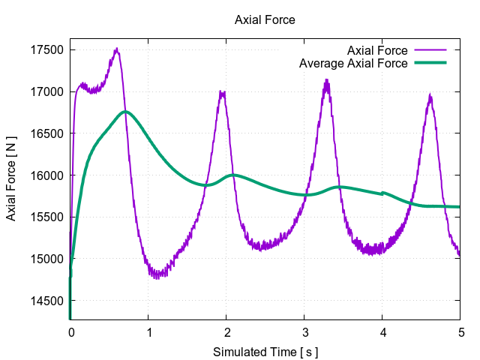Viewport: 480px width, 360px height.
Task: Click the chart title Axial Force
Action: (265, 20)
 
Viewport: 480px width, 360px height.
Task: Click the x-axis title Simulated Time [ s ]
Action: (265, 352)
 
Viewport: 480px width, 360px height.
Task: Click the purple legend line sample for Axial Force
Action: (430, 50)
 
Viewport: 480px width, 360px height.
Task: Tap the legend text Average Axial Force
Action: (353, 64)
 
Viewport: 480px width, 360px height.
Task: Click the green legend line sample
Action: (430, 64)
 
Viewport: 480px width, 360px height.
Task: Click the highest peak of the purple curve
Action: (117, 49)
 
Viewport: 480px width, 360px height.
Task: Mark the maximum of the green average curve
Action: (125, 112)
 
